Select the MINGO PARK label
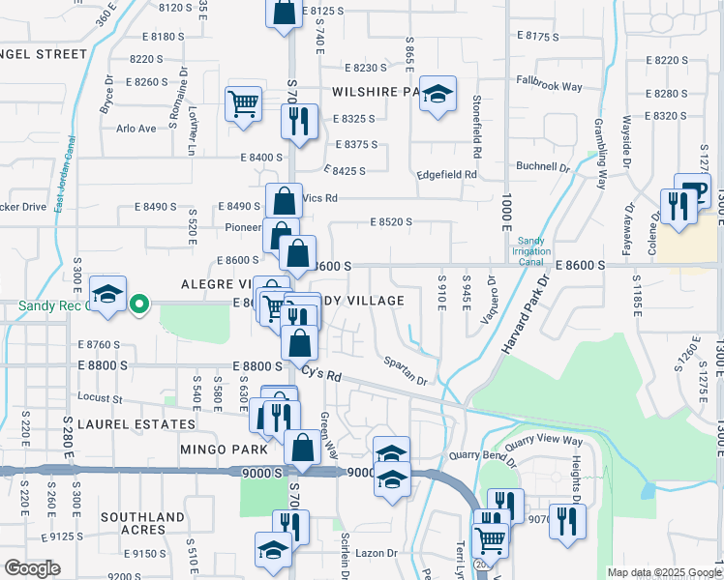pos(218,449)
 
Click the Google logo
pos(31,567)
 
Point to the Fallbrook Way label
pos(549,86)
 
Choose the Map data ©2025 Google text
pos(663,572)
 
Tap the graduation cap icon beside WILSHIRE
pos(437,94)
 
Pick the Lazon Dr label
pos(377,553)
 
